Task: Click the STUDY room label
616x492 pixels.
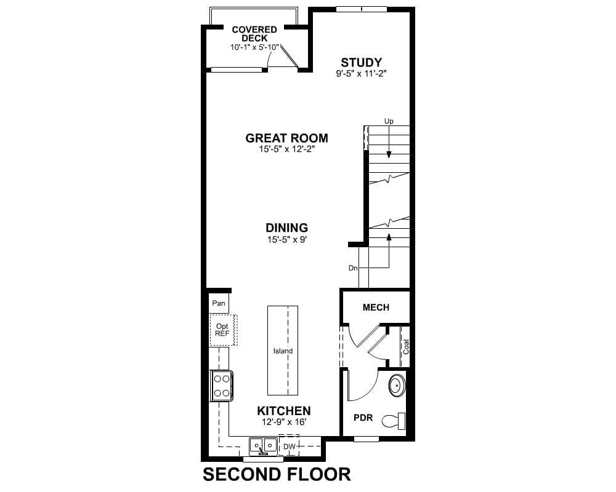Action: pyautogui.click(x=361, y=63)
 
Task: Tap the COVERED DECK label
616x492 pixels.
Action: pyautogui.click(x=254, y=34)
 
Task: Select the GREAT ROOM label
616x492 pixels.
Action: pyautogui.click(x=287, y=138)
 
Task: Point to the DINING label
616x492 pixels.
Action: pyautogui.click(x=287, y=228)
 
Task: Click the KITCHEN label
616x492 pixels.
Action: pyautogui.click(x=283, y=411)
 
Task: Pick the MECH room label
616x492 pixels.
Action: pyautogui.click(x=376, y=307)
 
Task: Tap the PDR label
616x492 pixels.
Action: pyautogui.click(x=363, y=418)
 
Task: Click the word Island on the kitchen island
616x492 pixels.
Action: pyautogui.click(x=283, y=351)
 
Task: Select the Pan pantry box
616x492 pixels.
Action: pyautogui.click(x=219, y=303)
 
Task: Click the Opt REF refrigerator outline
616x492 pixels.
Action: pyautogui.click(x=223, y=330)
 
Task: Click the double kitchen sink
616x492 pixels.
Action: pyautogui.click(x=264, y=446)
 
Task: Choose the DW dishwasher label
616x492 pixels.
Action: pyautogui.click(x=289, y=446)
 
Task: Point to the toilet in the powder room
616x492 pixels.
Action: pyautogui.click(x=394, y=421)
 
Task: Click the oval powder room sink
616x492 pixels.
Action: pyautogui.click(x=397, y=386)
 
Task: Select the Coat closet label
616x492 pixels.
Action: pyautogui.click(x=406, y=347)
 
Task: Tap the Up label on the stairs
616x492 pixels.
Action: pyautogui.click(x=389, y=121)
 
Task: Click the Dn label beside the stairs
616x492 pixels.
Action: pyautogui.click(x=353, y=268)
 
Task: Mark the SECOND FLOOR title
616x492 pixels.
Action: pyautogui.click(x=277, y=474)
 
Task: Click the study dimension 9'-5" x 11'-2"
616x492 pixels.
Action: pyautogui.click(x=362, y=74)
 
